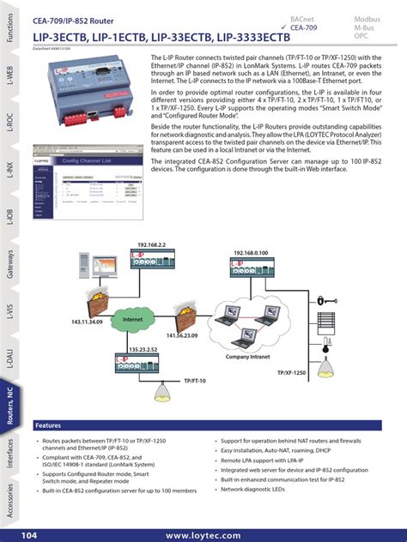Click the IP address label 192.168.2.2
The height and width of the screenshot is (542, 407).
coord(150,245)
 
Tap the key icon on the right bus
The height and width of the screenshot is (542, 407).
coord(324,300)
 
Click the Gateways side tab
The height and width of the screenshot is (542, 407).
coord(11,263)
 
